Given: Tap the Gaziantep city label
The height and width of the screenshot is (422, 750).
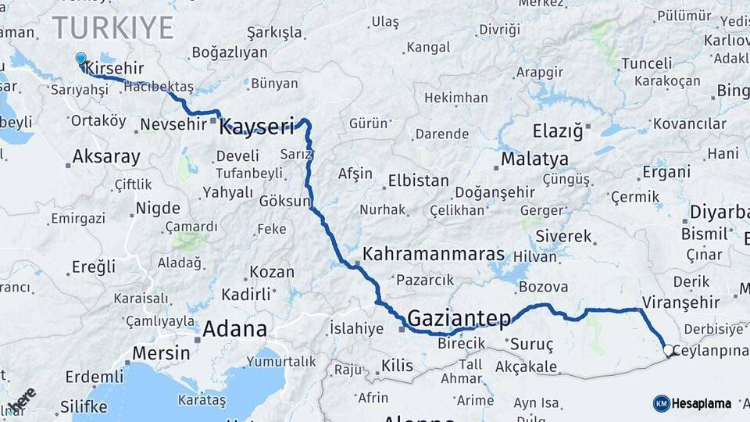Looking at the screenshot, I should click(x=459, y=318).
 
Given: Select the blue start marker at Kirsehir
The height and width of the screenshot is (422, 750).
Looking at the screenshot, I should click(x=80, y=59).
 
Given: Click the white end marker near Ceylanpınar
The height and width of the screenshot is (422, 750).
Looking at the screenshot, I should click(x=669, y=351).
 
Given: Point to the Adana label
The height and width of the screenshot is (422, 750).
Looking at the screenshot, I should click(x=234, y=329).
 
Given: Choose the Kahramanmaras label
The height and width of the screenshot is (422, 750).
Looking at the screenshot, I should click(x=434, y=256).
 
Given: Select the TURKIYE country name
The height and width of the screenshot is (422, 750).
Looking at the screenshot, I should click(x=113, y=27).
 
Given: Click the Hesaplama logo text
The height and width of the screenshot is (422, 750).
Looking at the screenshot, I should click(x=702, y=404).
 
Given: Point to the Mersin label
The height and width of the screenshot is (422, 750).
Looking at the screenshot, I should click(x=160, y=352).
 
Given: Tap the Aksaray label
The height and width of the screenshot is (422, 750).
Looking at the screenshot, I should click(x=106, y=156).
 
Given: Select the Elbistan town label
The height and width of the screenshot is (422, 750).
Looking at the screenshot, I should click(x=419, y=181).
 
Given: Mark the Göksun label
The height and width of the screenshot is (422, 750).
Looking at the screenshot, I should click(x=284, y=201).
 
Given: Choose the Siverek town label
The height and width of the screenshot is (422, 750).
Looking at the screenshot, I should click(x=563, y=235).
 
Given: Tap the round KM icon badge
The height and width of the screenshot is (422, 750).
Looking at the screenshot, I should click(x=661, y=403).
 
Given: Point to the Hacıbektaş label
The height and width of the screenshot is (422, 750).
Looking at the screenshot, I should click(x=159, y=87).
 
